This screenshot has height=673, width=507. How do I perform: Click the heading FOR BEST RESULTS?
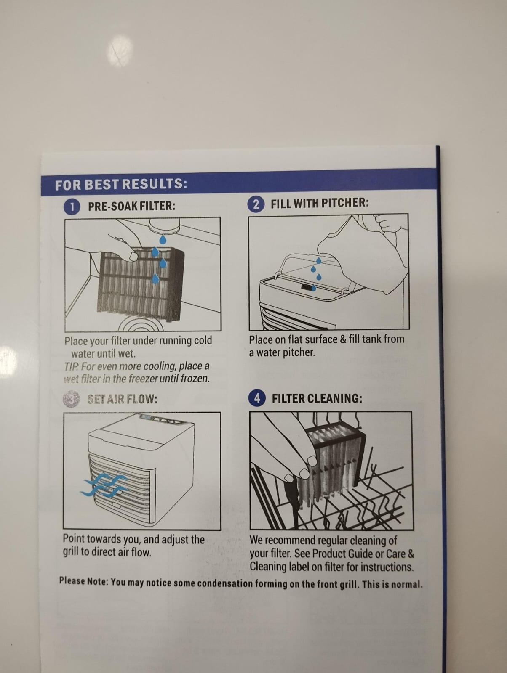pos(121,184)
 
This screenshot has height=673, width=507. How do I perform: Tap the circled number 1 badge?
pos(72,207)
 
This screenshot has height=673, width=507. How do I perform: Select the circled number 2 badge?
pos(256,204)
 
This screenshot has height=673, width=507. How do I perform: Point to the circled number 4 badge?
pos(257,398)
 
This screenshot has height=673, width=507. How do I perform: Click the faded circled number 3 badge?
pos(71,399)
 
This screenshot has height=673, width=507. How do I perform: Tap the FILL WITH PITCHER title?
pos(320,203)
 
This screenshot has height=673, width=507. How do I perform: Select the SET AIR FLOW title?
pos(122,399)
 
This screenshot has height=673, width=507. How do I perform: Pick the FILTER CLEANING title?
pos(317,399)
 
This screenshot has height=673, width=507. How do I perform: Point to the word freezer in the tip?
pos(143,379)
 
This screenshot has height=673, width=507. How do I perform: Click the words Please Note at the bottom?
pos(83,581)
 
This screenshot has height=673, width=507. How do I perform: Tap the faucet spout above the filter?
pos(165,225)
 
